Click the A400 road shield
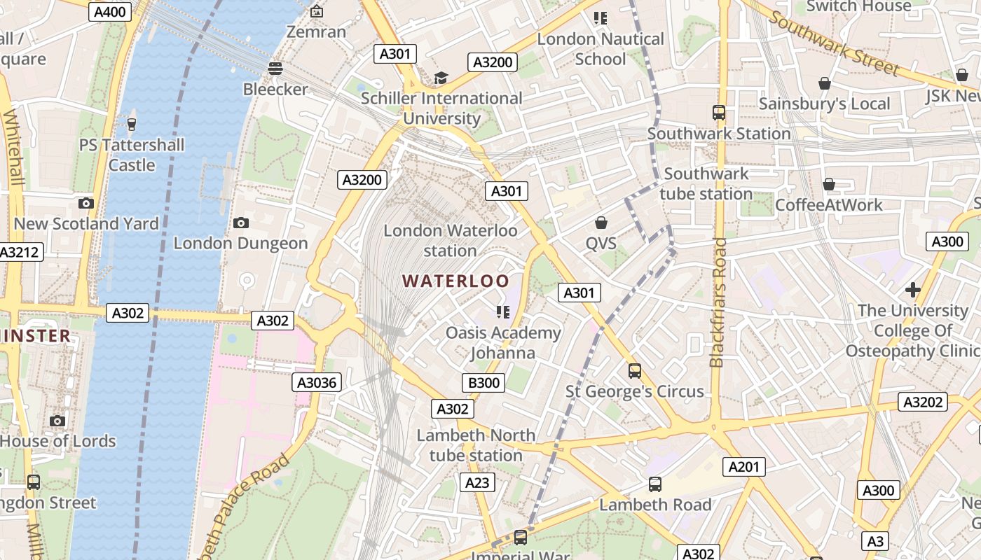[x=111, y=11]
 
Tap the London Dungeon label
[x=240, y=243]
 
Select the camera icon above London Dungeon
[x=241, y=223]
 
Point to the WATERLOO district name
[x=455, y=281]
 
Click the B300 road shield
[x=483, y=383]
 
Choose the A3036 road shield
[x=317, y=382]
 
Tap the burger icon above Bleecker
[x=275, y=69]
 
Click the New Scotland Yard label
[x=86, y=223]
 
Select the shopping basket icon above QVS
[x=601, y=223]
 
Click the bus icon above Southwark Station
[x=718, y=112]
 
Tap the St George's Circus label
[x=634, y=391]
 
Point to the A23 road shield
[x=477, y=482]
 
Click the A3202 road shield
[x=922, y=402]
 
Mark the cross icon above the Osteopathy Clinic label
[x=912, y=289]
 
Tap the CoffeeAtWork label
[x=828, y=205]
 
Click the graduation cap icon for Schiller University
[x=441, y=78]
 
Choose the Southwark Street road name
[x=834, y=42]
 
